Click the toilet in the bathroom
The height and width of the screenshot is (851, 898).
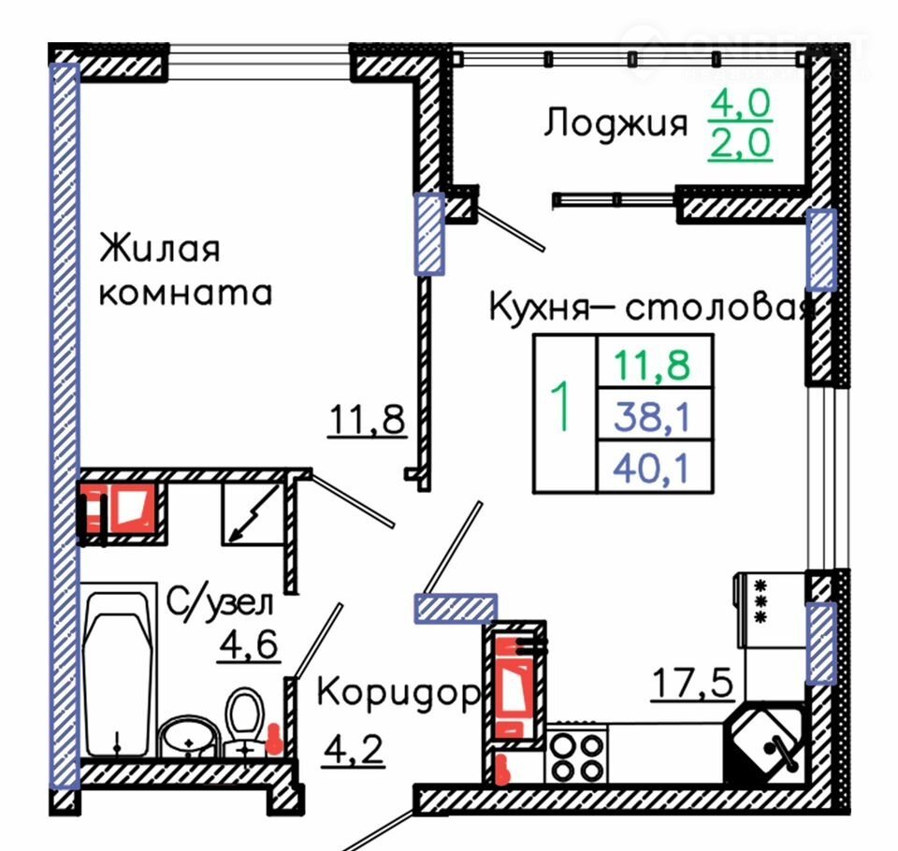tap(245, 722)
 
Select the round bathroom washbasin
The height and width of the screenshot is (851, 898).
tap(188, 737)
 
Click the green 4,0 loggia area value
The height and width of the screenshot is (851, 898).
tap(741, 104)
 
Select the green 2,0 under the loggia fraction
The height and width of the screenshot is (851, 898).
tap(741, 142)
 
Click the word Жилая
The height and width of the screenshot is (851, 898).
tap(159, 248)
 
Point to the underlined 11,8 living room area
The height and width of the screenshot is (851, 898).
tap(367, 421)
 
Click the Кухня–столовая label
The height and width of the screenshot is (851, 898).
tap(651, 307)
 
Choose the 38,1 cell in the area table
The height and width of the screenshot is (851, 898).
tap(652, 416)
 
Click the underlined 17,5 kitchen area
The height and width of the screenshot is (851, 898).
tap(692, 684)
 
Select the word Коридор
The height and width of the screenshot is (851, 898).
tap(398, 692)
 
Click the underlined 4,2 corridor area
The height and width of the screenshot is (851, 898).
tap(354, 750)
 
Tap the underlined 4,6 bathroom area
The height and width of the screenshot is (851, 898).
tap(249, 645)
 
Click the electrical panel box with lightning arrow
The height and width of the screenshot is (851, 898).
tap(253, 513)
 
